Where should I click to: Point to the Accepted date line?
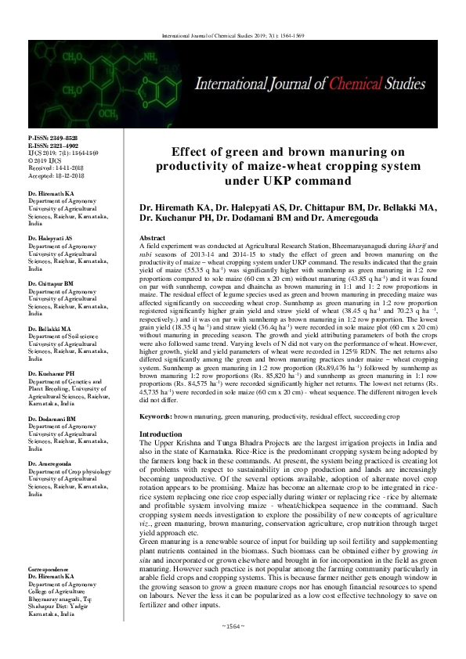[x=55, y=173]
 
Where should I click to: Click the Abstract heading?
[x=151, y=236]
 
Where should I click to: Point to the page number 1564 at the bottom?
[x=233, y=647]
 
